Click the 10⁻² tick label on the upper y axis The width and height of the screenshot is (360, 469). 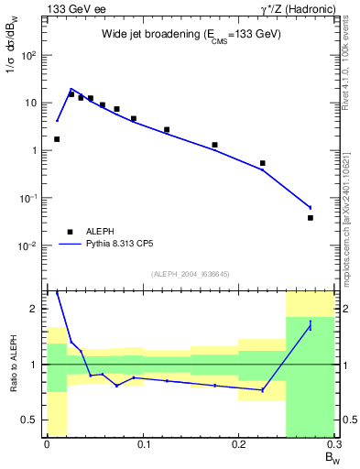(31, 246)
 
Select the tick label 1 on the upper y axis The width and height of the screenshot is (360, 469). (37, 150)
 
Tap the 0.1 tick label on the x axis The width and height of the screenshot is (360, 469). (143, 444)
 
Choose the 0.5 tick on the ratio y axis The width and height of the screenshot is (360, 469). (33, 420)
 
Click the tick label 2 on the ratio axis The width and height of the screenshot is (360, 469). (38, 309)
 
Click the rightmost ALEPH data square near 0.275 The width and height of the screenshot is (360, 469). (311, 218)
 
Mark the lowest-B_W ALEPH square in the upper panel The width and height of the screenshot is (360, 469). (57, 139)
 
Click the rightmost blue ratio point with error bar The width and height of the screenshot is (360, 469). (311, 326)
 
